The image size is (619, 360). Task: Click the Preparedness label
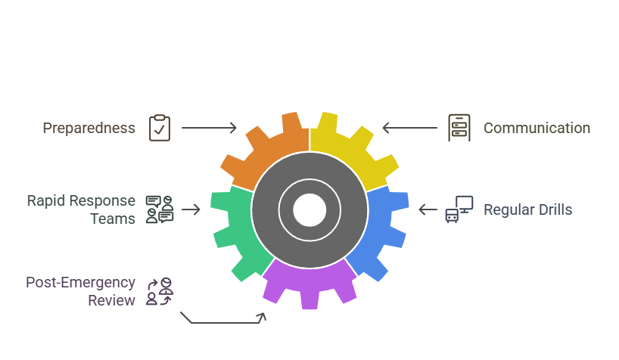[89, 128]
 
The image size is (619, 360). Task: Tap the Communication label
[537, 128]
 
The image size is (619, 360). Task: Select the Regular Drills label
[527, 209]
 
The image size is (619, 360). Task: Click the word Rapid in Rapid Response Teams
[44, 201]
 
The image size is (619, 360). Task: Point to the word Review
[111, 300]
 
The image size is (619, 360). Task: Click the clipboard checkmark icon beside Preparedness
[160, 128]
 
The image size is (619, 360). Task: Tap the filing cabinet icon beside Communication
[458, 128]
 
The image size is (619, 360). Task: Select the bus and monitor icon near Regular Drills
[459, 209]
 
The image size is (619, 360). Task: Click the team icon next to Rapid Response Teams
[160, 209]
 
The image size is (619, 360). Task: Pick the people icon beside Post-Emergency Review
[160, 291]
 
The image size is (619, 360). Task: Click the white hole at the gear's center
[309, 209]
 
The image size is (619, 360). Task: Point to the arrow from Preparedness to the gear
[209, 128]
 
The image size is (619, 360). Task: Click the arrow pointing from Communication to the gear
[409, 128]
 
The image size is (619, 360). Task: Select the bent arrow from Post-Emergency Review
[223, 321]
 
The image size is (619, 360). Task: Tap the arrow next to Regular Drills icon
[428, 209]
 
